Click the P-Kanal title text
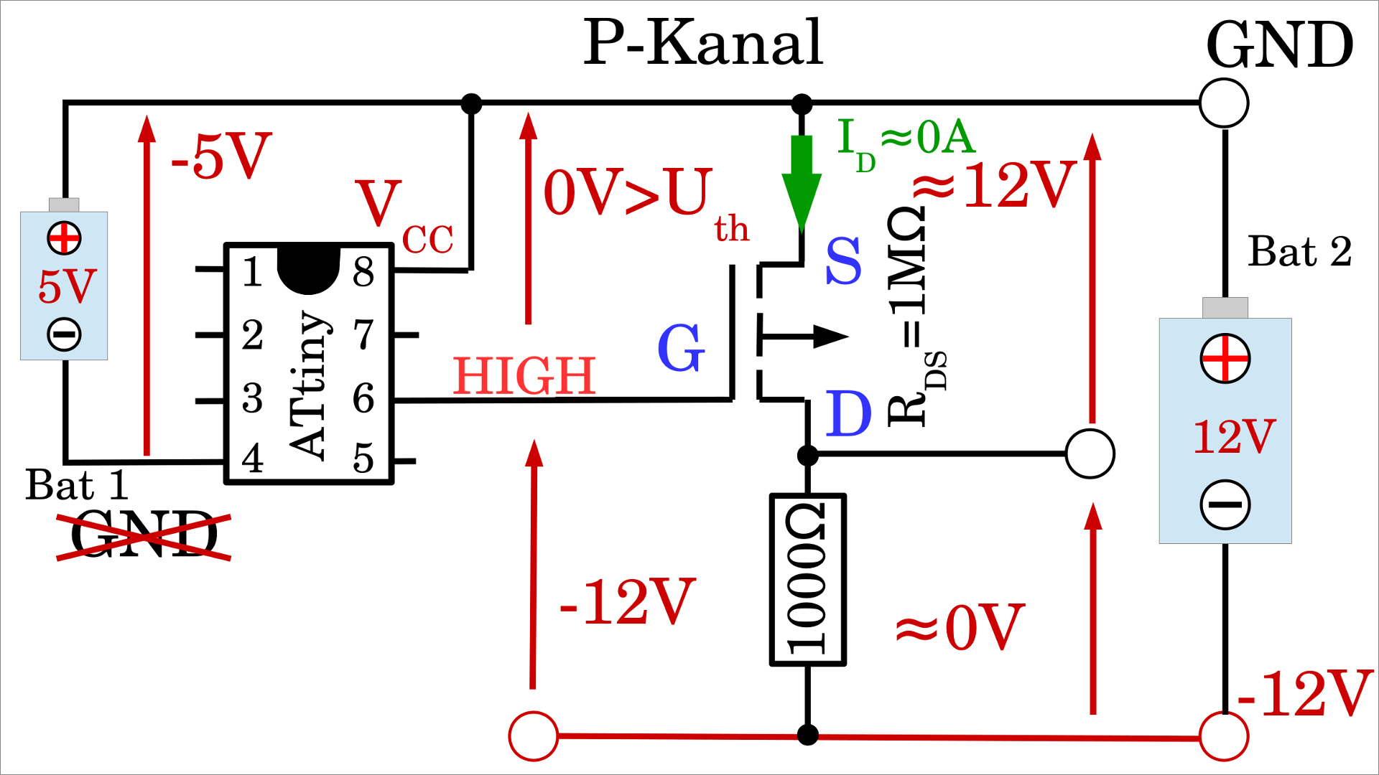[x=702, y=43]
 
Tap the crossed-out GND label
[x=144, y=535]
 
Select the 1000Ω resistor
[x=808, y=580]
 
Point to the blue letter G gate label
[x=681, y=348]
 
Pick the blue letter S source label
[x=843, y=261]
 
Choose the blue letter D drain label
[x=848, y=414]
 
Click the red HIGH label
[x=524, y=376]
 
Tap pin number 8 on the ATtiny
[x=363, y=272]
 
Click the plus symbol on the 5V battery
[x=64, y=238]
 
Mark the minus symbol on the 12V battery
[x=1225, y=504]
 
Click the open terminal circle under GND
[x=1224, y=103]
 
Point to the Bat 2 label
[x=1299, y=252]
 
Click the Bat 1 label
[x=77, y=485]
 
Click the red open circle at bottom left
[x=534, y=736]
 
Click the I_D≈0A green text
[x=906, y=140]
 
